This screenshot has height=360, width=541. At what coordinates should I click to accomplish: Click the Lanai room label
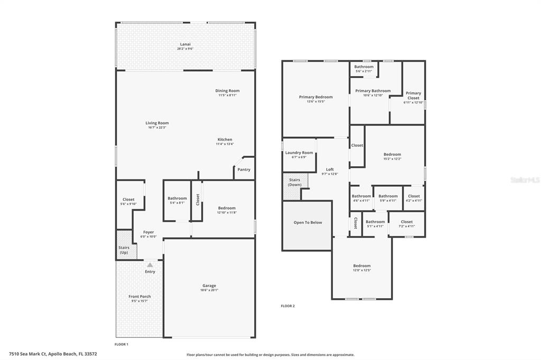coord(185,44)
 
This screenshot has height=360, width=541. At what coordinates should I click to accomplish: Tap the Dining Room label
coord(227,91)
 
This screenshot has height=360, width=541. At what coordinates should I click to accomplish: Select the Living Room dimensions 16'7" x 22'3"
coord(157,127)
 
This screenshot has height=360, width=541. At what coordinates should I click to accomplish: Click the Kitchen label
coord(225,139)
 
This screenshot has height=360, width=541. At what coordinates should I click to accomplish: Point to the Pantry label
coord(244,169)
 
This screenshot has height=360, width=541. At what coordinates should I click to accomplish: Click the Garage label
coord(209,286)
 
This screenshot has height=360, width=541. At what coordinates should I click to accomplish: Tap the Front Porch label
coord(139,297)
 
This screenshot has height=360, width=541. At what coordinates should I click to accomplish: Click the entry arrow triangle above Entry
coord(150,265)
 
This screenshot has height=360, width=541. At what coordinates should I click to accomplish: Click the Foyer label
coord(148,232)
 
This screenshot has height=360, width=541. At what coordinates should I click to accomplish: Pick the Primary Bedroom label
coord(315,97)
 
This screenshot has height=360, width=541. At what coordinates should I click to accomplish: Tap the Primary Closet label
coord(413,96)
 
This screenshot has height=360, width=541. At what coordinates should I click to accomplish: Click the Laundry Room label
coord(299,153)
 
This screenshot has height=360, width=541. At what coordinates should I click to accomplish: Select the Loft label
coord(330,169)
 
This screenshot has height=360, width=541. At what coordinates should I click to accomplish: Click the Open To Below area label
coord(307,222)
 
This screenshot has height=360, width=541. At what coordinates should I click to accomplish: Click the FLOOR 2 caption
coord(287,306)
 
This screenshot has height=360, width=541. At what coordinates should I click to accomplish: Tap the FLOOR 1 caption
coord(122,344)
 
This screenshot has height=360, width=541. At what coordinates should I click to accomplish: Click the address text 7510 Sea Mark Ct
coord(31,354)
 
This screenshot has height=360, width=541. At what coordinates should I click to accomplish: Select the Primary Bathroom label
coord(372,91)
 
